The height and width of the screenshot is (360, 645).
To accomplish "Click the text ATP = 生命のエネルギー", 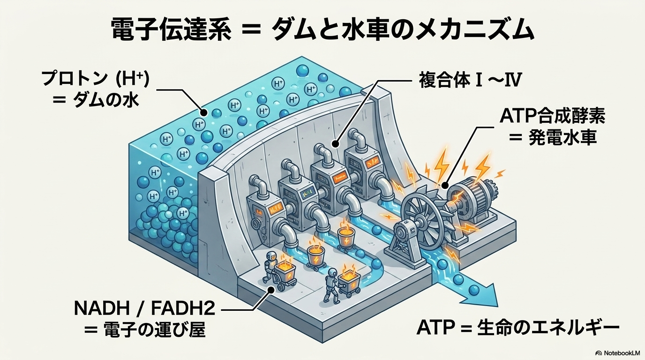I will pyautogui.click(x=518, y=327).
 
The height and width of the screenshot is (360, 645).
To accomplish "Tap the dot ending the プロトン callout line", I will pyautogui.click(x=203, y=112).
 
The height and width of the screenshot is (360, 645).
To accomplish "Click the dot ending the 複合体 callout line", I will pyautogui.click(x=335, y=143).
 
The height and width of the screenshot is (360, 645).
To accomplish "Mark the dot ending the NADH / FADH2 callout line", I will pyautogui.click(x=271, y=291).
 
